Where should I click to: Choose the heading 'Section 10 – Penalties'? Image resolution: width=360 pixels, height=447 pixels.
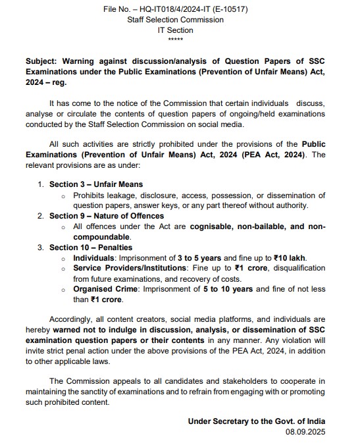point(92,248)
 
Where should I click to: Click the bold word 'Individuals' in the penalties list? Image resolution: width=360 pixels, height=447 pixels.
point(95,258)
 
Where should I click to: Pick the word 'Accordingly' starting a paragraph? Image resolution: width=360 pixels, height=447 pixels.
point(72,321)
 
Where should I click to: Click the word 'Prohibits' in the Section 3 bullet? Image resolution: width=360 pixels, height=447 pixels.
point(91,195)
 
